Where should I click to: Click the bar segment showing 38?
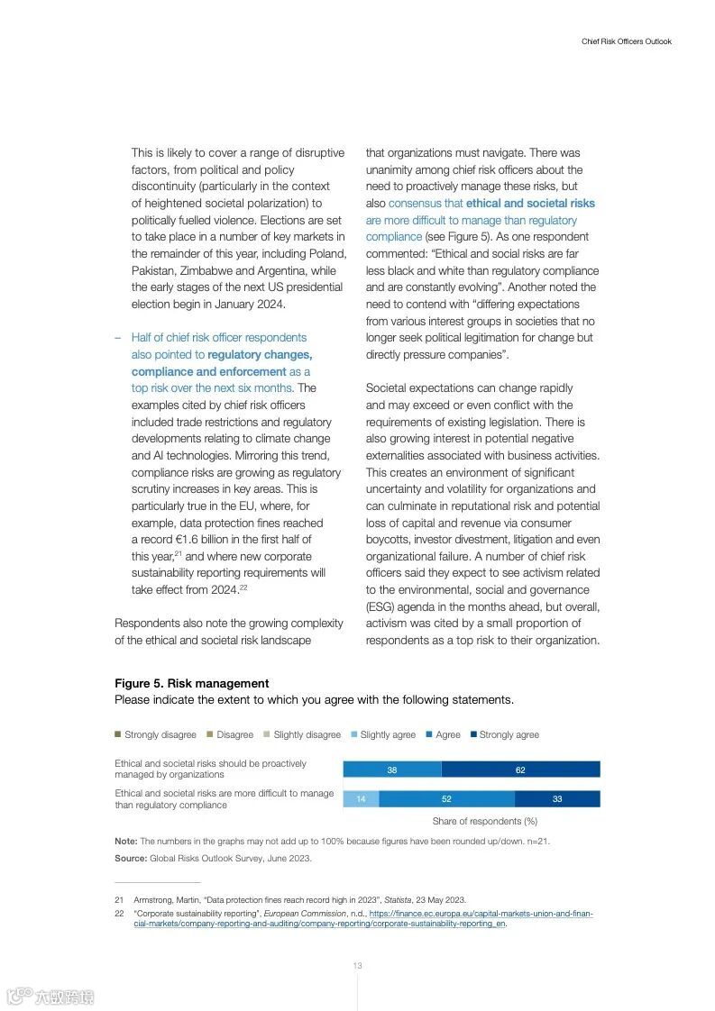tap(392, 770)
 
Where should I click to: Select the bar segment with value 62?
tap(520, 770)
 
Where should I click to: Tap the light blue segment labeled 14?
tap(361, 798)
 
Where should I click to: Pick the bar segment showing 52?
tap(446, 798)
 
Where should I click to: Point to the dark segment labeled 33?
tap(557, 798)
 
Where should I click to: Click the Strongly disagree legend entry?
tap(155, 734)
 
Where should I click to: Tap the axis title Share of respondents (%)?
tap(484, 821)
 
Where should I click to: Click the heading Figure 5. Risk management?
tap(191, 684)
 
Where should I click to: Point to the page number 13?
tap(357, 966)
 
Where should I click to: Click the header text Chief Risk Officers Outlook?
tap(626, 41)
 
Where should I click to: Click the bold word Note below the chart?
tap(125, 841)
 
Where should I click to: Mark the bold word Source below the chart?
tap(131, 858)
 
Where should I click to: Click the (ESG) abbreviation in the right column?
tap(380, 606)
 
